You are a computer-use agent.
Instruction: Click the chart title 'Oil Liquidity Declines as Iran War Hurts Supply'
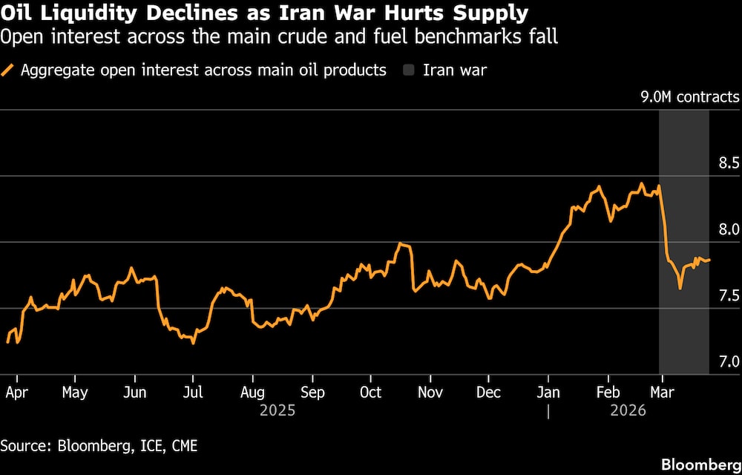(x=264, y=13)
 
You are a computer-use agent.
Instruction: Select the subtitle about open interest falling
(x=279, y=36)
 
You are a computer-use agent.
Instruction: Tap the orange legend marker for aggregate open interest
(x=9, y=71)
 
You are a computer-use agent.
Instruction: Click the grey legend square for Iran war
(x=408, y=71)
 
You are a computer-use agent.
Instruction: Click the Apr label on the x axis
(x=16, y=393)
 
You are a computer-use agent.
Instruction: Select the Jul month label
(x=193, y=393)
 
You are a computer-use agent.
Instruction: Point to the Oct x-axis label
(x=370, y=393)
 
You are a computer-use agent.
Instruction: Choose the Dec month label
(x=488, y=393)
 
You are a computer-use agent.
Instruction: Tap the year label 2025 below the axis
(x=278, y=410)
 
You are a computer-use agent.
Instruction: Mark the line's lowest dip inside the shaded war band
(x=680, y=288)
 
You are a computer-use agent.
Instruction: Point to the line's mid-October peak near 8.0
(x=401, y=243)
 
